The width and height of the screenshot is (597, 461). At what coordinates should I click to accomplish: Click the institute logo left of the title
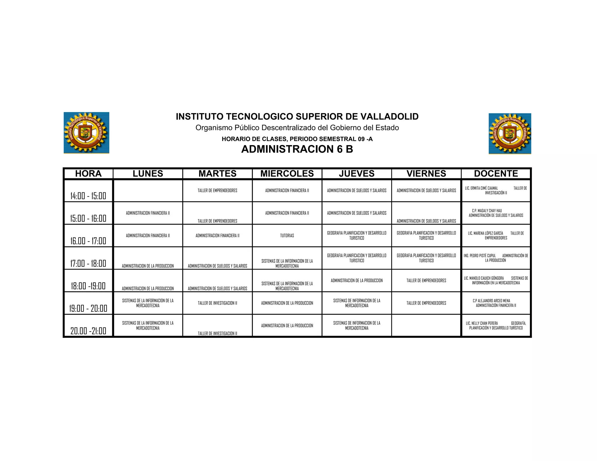(86, 133)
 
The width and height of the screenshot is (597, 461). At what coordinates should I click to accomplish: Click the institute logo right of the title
(510, 133)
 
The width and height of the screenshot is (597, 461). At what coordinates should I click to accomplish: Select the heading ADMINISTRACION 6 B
(297, 149)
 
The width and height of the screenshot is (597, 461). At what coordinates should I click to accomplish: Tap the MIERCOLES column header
(287, 174)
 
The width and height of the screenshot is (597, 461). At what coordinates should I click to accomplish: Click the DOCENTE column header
(496, 174)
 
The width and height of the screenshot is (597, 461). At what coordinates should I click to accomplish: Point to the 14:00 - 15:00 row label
(88, 196)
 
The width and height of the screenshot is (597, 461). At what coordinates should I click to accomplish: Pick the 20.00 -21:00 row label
(88, 331)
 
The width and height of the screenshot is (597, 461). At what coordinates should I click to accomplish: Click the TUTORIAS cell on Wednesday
(287, 235)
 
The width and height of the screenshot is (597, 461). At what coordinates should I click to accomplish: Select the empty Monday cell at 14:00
(148, 191)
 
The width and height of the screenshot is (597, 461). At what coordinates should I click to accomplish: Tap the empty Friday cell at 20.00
(426, 325)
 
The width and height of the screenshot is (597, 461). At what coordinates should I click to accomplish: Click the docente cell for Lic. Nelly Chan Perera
(496, 325)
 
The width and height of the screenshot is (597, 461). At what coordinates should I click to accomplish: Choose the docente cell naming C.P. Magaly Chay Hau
(496, 213)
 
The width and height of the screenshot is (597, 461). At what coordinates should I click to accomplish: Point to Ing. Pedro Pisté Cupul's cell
(496, 258)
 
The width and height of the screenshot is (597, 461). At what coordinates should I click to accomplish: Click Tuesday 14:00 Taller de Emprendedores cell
(217, 191)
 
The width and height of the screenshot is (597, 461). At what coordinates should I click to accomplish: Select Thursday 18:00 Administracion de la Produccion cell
(357, 281)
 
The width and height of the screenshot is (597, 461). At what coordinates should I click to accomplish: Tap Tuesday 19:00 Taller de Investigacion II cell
(217, 303)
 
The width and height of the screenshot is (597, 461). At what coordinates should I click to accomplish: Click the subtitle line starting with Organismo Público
(297, 128)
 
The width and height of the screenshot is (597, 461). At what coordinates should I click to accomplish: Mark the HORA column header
(88, 174)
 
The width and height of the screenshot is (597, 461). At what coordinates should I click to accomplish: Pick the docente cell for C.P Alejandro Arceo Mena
(496, 303)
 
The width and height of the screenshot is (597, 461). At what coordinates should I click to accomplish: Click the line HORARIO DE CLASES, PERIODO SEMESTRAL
(297, 139)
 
